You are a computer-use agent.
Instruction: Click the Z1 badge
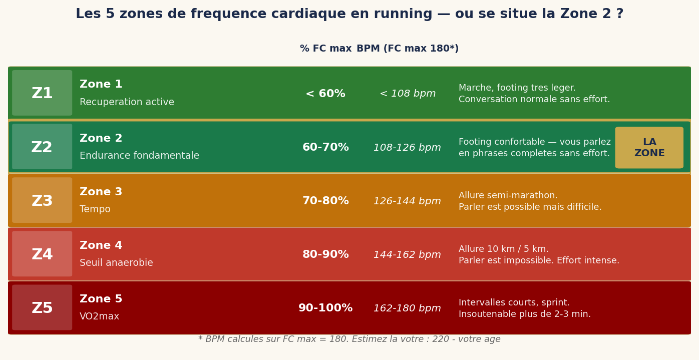point(42,93)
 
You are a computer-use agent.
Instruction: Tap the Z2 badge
point(42,147)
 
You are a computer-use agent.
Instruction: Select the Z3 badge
point(42,201)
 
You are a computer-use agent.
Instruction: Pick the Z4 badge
point(42,254)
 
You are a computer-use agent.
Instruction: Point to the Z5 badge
point(42,308)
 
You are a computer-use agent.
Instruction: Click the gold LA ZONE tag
point(649,148)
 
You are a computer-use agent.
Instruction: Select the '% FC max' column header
point(325,49)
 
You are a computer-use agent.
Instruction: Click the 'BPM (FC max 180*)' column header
point(407,49)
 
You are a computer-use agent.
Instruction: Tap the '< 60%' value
point(325,94)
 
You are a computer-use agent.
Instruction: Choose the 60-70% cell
point(325,148)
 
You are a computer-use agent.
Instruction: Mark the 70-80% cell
point(325,201)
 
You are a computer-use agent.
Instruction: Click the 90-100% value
point(325,308)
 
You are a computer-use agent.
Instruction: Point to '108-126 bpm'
point(407,148)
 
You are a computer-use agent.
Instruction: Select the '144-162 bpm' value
point(407,255)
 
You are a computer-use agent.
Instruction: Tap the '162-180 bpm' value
point(407,308)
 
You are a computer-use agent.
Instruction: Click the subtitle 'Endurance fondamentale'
point(139,156)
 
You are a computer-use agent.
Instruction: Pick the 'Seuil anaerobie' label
point(116,263)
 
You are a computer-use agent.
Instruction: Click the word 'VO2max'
point(99,316)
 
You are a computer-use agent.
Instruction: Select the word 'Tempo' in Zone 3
point(95,209)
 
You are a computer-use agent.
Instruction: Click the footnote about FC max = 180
point(349,339)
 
